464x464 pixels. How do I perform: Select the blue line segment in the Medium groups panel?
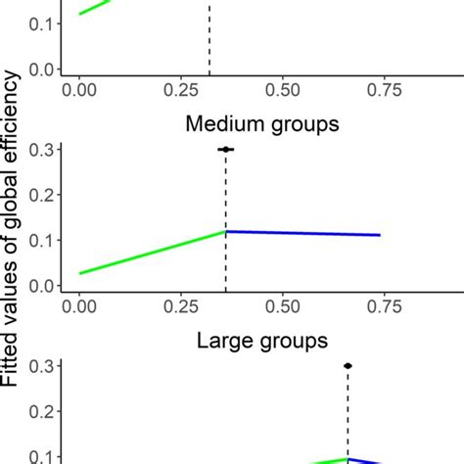point(302,233)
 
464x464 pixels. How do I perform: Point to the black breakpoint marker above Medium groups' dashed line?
point(226,149)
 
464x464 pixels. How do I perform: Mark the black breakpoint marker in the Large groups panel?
point(348,365)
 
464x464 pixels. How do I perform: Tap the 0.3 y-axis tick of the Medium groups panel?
point(41,149)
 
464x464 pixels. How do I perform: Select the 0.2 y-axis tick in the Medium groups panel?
point(41,195)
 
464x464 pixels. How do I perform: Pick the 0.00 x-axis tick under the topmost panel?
point(78,88)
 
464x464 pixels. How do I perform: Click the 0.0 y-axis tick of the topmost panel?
point(41,70)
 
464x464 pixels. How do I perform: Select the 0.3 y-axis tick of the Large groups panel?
point(41,365)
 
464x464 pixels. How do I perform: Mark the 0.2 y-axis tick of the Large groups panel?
point(41,411)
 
